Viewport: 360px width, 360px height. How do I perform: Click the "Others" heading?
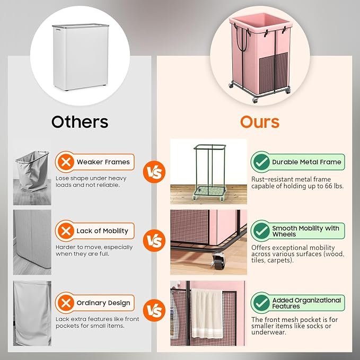coord(80,122)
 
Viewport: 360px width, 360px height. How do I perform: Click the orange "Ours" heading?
coord(260,122)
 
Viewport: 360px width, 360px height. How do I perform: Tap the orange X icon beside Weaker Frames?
coord(66,162)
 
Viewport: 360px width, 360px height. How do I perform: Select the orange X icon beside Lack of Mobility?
coord(66,231)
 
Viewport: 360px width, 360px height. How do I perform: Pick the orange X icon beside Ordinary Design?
coord(66,303)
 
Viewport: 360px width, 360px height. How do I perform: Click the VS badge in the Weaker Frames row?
coord(154,172)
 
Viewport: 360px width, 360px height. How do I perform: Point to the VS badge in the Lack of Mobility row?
coord(154,241)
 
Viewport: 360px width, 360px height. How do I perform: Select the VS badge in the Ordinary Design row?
coord(154,310)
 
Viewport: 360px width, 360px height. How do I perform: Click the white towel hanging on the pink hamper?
coord(207,313)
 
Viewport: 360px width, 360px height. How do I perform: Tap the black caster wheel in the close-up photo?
coord(218,261)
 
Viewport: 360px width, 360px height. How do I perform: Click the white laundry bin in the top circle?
coord(81,57)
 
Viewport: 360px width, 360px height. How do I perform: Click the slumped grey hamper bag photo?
coord(32,178)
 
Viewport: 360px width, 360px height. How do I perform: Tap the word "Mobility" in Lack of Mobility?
coord(115,231)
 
